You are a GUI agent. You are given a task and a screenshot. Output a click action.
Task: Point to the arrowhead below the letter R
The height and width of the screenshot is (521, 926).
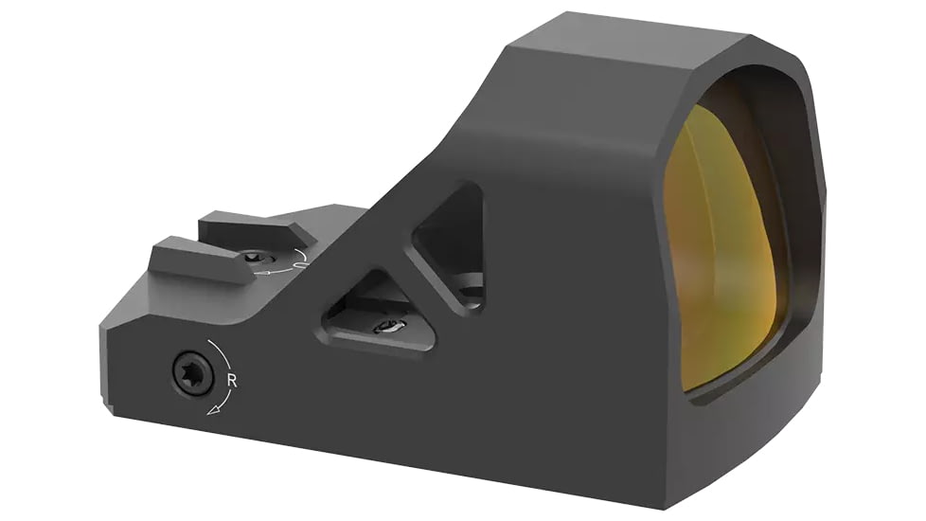tap(215, 408)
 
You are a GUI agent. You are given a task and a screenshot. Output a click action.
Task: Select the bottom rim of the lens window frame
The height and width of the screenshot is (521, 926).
tap(739, 398)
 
